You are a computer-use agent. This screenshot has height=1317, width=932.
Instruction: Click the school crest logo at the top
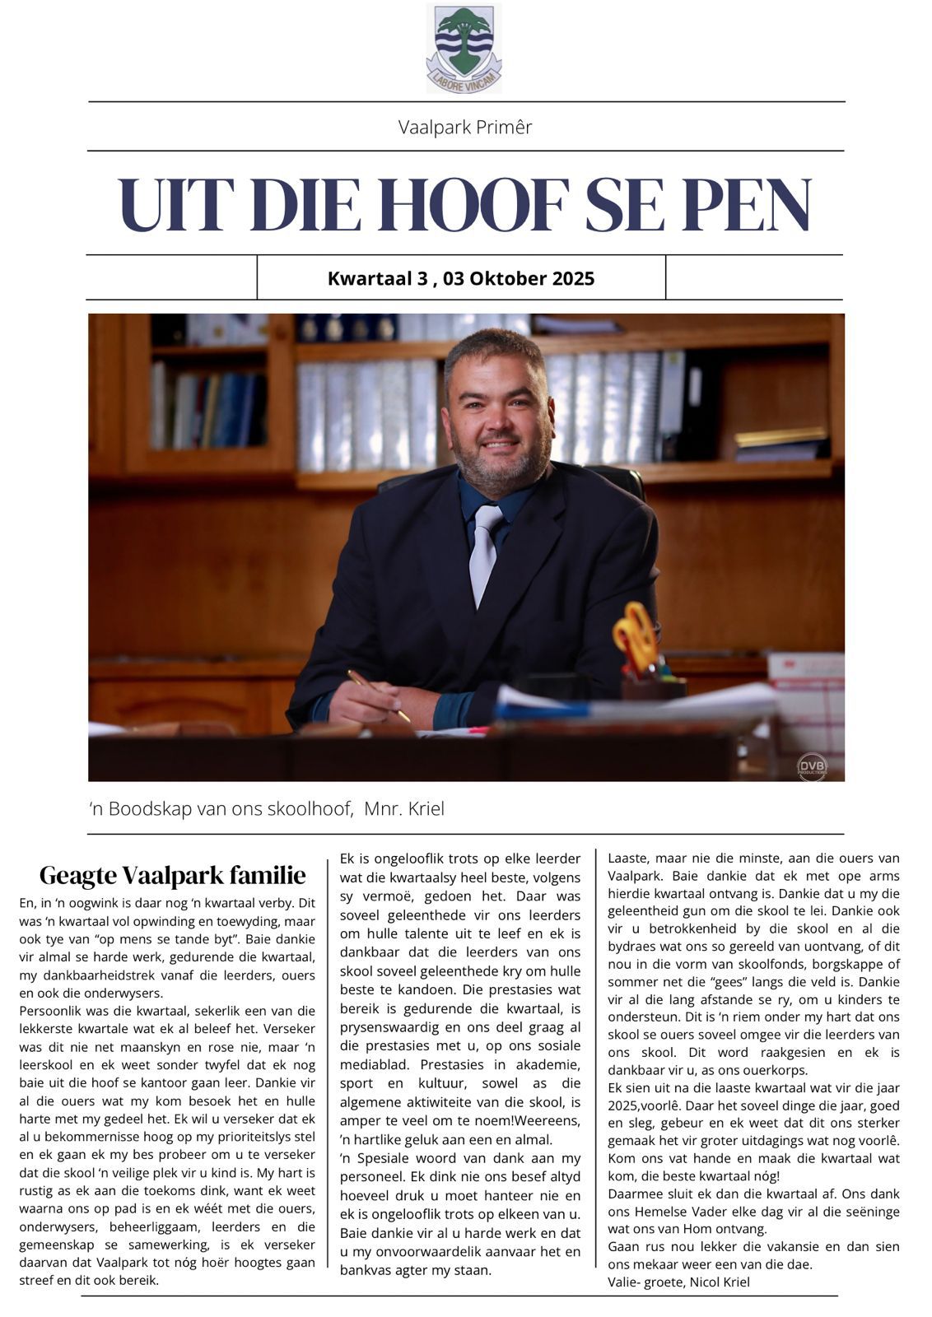[464, 47]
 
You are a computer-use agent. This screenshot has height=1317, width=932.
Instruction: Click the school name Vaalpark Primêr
[465, 127]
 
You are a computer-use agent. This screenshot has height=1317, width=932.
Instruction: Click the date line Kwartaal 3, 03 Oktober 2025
[460, 278]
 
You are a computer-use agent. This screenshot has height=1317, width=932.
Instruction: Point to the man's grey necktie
[483, 552]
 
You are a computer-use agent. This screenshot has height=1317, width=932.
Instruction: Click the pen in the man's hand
[378, 695]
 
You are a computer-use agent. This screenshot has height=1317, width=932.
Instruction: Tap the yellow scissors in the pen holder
[635, 635]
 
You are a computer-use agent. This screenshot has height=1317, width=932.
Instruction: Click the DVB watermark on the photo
[811, 767]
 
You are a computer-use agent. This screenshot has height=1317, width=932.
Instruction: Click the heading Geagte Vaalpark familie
[172, 874]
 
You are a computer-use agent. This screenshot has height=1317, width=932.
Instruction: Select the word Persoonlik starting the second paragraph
[54, 1010]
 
